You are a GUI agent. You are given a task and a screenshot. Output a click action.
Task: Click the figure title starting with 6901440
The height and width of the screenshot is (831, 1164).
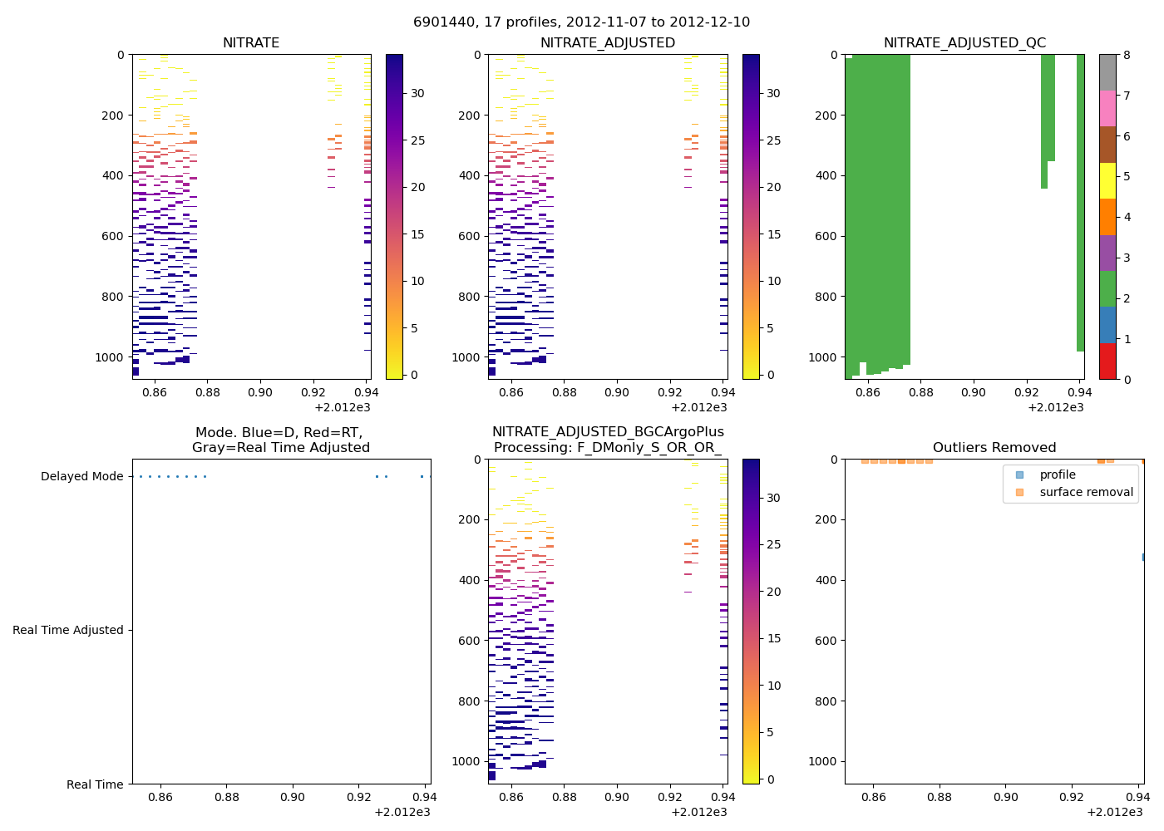[581, 22]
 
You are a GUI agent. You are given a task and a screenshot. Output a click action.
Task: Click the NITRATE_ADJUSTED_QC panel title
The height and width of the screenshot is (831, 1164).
[964, 43]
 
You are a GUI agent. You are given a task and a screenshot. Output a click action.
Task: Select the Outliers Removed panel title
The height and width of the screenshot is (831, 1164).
[994, 448]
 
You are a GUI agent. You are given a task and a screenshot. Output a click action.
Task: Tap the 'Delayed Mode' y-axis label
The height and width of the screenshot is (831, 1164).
[81, 477]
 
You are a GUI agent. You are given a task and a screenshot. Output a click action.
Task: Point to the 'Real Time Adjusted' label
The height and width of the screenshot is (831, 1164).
[68, 631]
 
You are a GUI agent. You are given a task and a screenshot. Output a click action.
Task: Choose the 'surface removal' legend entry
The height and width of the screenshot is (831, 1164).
[1086, 493]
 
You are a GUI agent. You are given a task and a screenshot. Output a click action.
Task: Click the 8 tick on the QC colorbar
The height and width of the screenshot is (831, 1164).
[1127, 56]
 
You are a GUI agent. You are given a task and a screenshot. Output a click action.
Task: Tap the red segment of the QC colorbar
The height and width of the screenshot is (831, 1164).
[1107, 361]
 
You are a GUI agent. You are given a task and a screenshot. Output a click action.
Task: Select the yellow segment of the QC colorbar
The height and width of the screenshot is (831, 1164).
[1107, 181]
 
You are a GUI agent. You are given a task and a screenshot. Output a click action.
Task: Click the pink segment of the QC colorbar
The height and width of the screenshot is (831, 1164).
[1107, 109]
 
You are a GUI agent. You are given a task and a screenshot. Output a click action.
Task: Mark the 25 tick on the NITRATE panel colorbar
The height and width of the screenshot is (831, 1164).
[418, 140]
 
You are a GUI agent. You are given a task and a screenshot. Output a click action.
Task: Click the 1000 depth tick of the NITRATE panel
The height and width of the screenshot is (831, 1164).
[109, 357]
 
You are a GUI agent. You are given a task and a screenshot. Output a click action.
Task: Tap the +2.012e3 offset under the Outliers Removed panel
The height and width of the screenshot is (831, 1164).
[1115, 813]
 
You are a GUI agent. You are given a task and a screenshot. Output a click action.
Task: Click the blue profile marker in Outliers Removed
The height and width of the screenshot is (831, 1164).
[1144, 557]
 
